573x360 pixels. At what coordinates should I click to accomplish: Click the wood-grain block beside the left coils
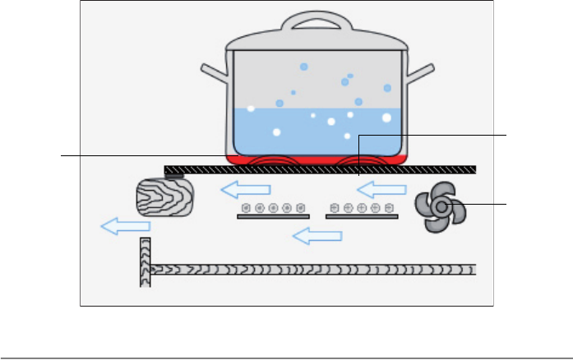[x=165, y=196]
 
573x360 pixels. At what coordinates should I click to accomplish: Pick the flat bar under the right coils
[x=362, y=217]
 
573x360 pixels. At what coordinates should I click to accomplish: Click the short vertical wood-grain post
[x=146, y=261]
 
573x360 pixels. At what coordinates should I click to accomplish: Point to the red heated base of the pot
[x=317, y=159]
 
